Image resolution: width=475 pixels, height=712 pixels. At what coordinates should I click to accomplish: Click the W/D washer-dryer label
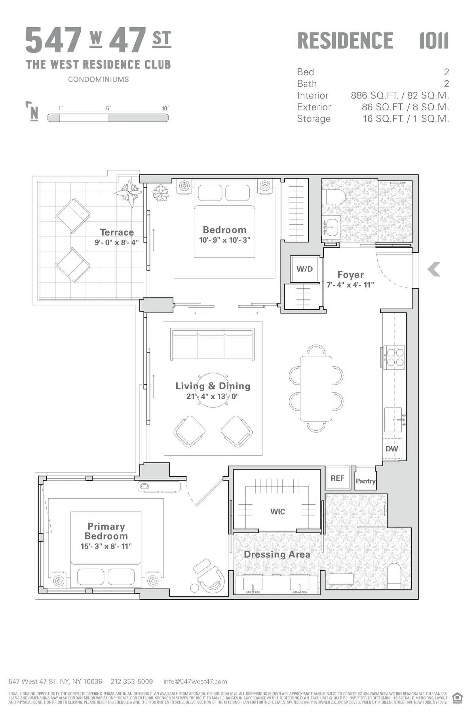[304, 269]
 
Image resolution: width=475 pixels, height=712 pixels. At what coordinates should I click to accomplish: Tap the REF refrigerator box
[337, 478]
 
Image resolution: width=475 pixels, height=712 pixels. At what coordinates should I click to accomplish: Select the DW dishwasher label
[391, 449]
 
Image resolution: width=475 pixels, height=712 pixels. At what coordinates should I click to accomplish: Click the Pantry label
[365, 481]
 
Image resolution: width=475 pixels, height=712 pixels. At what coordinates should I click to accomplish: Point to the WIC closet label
[277, 511]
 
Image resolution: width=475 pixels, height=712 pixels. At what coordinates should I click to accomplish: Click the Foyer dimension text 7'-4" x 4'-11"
[350, 285]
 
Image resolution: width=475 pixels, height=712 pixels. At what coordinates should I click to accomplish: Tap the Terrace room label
[117, 232]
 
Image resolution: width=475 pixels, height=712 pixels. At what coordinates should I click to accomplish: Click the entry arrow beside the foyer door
[434, 269]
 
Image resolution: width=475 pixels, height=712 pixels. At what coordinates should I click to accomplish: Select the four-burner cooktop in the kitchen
[395, 357]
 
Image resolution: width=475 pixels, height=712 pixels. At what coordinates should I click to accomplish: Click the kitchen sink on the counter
[393, 419]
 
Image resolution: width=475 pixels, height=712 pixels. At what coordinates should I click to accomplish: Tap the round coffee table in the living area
[213, 390]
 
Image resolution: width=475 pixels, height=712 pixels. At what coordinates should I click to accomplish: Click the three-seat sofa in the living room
[212, 345]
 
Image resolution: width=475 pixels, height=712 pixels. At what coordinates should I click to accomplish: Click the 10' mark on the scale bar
[165, 108]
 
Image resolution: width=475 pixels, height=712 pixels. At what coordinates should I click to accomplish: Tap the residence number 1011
[434, 41]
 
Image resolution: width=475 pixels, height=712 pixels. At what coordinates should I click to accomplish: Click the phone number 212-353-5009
[131, 682]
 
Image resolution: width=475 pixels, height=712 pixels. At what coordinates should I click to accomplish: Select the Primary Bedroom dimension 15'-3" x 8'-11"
[106, 546]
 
